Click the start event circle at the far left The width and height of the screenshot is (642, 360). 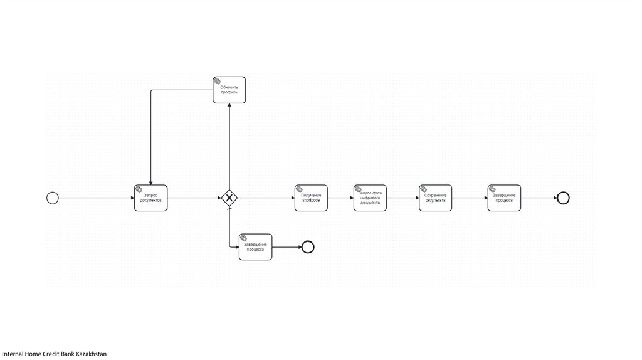[53, 198]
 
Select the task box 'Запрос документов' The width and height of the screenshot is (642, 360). [151, 198]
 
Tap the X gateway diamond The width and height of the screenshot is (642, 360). [229, 198]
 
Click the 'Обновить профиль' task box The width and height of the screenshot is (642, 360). [229, 90]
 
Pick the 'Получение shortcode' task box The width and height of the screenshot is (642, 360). [311, 198]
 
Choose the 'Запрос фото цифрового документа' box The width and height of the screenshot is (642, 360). [370, 198]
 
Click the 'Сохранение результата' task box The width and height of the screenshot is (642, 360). [436, 198]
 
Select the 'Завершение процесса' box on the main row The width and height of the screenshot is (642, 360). [504, 198]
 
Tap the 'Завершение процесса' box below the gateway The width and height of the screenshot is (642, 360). [255, 247]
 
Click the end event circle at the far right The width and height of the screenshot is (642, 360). [563, 198]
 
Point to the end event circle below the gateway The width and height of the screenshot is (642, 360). [307, 247]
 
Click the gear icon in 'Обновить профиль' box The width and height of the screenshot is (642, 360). [218, 81]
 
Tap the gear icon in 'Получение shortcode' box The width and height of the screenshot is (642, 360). [299, 189]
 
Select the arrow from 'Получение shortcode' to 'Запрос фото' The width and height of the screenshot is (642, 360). [340, 198]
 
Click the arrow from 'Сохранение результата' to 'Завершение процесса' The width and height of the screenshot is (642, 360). [470, 198]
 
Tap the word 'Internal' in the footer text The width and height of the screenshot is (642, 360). [13, 354]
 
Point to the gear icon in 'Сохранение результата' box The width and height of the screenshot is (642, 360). [424, 189]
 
